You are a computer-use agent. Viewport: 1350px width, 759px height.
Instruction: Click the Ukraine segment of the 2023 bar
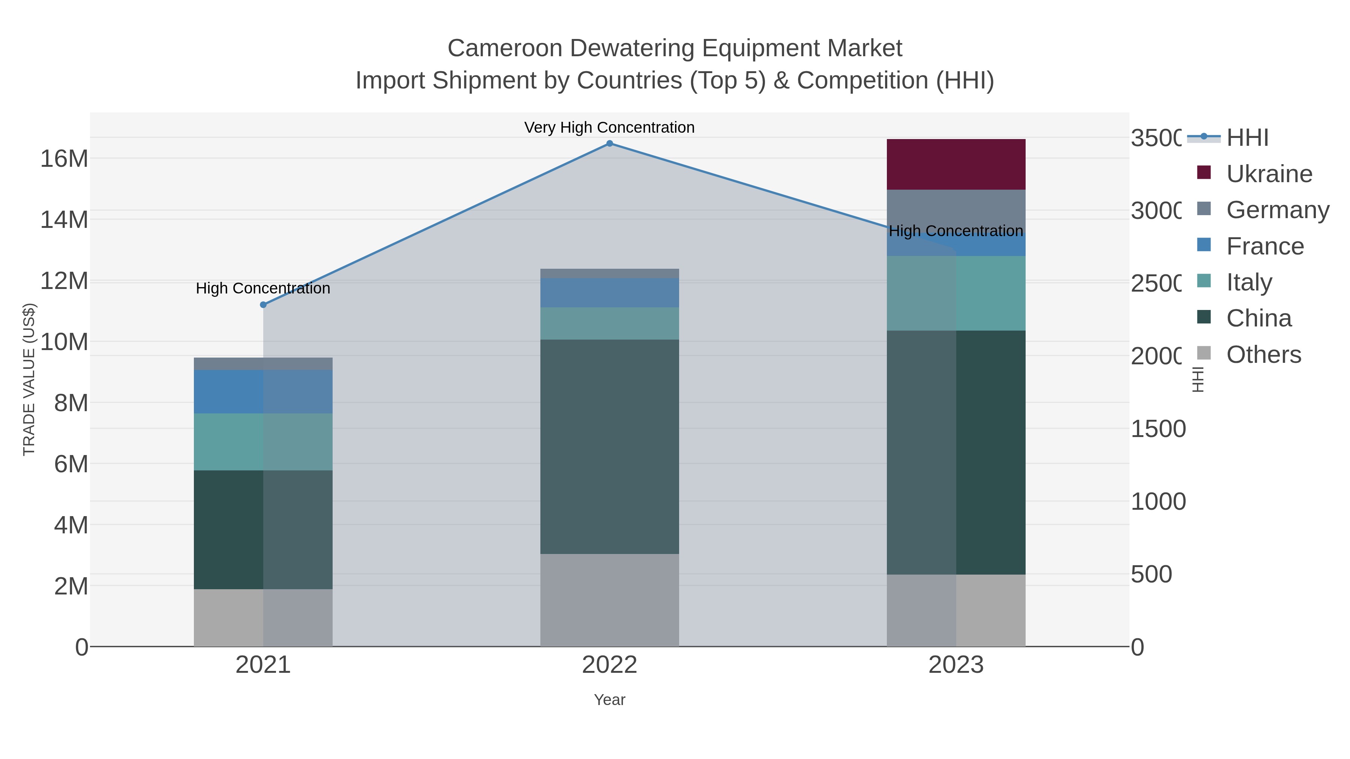(x=955, y=165)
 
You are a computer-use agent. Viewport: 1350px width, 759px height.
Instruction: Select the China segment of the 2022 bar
(x=609, y=446)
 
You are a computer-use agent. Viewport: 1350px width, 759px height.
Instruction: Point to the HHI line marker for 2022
(x=609, y=144)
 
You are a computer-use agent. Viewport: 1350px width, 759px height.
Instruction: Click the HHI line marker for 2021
(x=263, y=305)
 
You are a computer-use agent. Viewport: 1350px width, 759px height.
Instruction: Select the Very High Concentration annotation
(x=609, y=127)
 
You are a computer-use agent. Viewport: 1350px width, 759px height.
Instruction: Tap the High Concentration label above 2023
(x=955, y=231)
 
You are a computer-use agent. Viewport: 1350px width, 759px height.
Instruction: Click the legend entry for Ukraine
(x=1268, y=174)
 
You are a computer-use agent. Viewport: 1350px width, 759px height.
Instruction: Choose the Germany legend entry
(x=1277, y=210)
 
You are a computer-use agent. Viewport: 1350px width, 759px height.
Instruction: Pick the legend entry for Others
(x=1263, y=355)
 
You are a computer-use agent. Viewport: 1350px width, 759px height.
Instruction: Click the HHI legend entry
(x=1247, y=138)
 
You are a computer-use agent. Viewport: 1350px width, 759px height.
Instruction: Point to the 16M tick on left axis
(x=64, y=158)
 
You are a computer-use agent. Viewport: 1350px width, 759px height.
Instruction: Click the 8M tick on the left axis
(x=71, y=403)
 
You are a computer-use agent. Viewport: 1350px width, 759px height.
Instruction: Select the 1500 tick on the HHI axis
(x=1158, y=429)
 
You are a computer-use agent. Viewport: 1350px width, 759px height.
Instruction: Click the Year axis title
(x=609, y=700)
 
